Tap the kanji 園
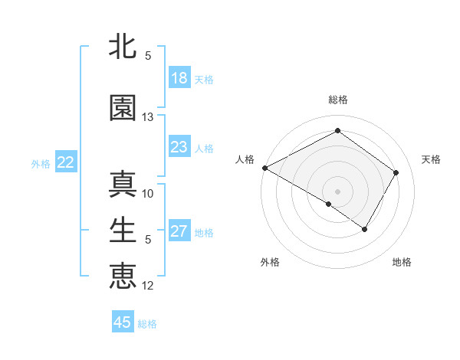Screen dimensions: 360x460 click(x=123, y=108)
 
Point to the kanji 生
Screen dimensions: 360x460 click(x=123, y=229)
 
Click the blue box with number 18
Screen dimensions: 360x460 click(x=179, y=78)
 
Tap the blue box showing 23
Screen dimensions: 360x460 click(x=179, y=147)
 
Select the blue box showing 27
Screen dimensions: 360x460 click(x=179, y=231)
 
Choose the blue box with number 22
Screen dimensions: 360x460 click(x=65, y=162)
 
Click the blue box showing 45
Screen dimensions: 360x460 click(x=123, y=322)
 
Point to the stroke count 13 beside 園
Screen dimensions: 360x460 click(x=148, y=117)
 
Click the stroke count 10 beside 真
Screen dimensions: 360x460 click(x=148, y=193)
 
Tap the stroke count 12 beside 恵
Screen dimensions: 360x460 click(x=148, y=286)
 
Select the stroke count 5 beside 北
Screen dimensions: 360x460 click(x=148, y=56)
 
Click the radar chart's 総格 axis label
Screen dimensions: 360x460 click(x=337, y=100)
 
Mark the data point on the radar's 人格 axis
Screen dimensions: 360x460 click(x=264, y=168)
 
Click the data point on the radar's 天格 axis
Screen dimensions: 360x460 click(x=396, y=172)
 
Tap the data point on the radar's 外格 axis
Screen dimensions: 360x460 click(x=329, y=204)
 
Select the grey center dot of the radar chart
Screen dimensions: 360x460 click(x=337, y=191)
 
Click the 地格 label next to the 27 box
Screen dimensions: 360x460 click(x=204, y=232)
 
